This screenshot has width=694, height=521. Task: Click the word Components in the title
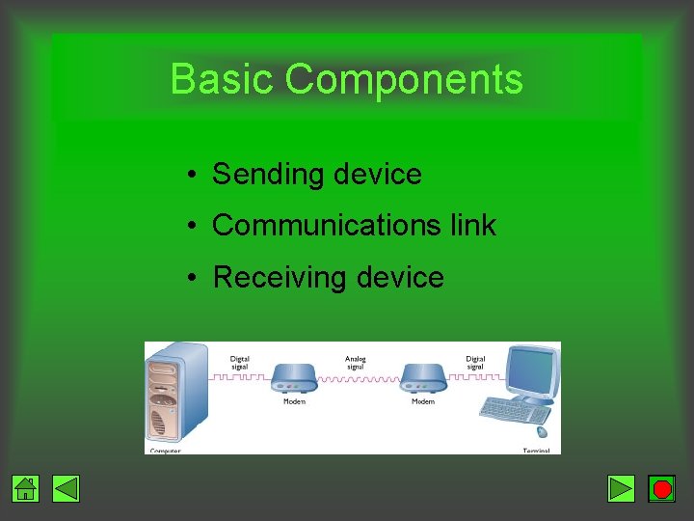404,79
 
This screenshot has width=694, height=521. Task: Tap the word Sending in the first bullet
255,175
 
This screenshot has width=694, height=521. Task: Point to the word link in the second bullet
473,226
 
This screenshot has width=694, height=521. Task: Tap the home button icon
26,489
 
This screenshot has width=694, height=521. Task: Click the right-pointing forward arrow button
622,489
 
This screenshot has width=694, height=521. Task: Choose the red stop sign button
662,489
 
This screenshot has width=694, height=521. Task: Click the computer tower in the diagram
174,397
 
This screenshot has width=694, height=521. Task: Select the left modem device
294,378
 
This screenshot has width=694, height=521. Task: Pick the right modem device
423,378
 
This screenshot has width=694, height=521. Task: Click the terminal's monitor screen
532,370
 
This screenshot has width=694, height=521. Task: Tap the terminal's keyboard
515,409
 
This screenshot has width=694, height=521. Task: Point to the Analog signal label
356,363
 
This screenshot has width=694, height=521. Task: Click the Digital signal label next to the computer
240,363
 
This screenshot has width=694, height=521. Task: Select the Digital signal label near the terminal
475,363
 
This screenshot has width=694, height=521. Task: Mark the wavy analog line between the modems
357,379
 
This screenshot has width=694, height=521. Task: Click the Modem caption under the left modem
294,401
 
